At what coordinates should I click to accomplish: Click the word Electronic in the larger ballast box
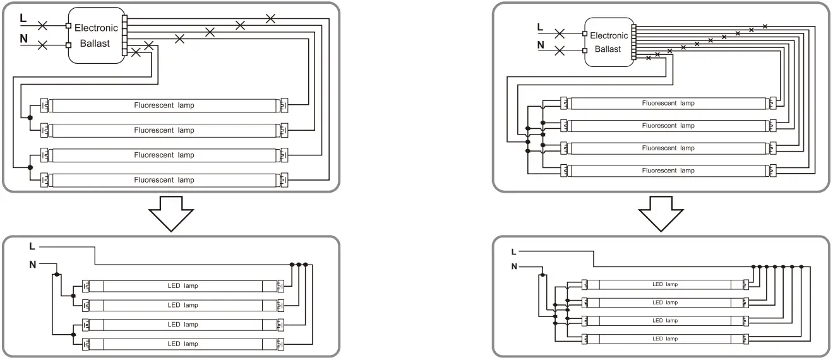click(x=96, y=28)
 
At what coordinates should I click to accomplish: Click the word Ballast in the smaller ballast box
click(x=608, y=49)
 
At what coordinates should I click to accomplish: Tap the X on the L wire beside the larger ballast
click(x=43, y=26)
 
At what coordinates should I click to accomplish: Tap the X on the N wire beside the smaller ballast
click(x=559, y=50)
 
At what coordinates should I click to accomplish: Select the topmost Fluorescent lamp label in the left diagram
click(x=164, y=105)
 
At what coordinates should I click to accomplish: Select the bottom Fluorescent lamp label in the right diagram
click(x=668, y=171)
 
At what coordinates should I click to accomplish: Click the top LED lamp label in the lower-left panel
click(x=183, y=285)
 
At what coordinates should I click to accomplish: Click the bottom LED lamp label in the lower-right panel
click(x=665, y=339)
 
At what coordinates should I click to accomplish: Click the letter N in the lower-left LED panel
click(x=32, y=264)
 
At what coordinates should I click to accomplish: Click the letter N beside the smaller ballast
click(x=540, y=45)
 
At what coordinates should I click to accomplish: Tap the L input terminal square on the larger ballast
click(x=68, y=26)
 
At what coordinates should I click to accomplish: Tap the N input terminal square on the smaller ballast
click(x=585, y=50)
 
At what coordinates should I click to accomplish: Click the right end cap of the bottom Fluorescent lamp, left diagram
click(x=284, y=180)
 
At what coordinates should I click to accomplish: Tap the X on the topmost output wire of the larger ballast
click(x=270, y=18)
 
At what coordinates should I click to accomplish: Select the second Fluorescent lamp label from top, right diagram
click(x=668, y=126)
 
